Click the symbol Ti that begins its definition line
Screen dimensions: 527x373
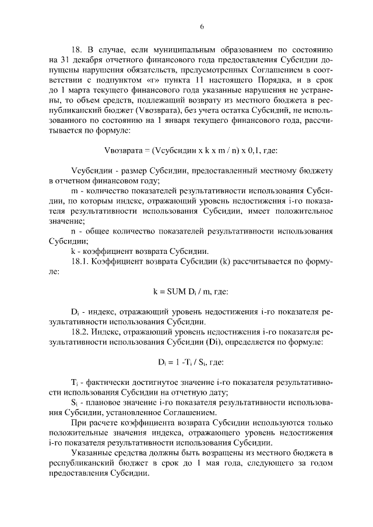(x=73, y=382)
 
